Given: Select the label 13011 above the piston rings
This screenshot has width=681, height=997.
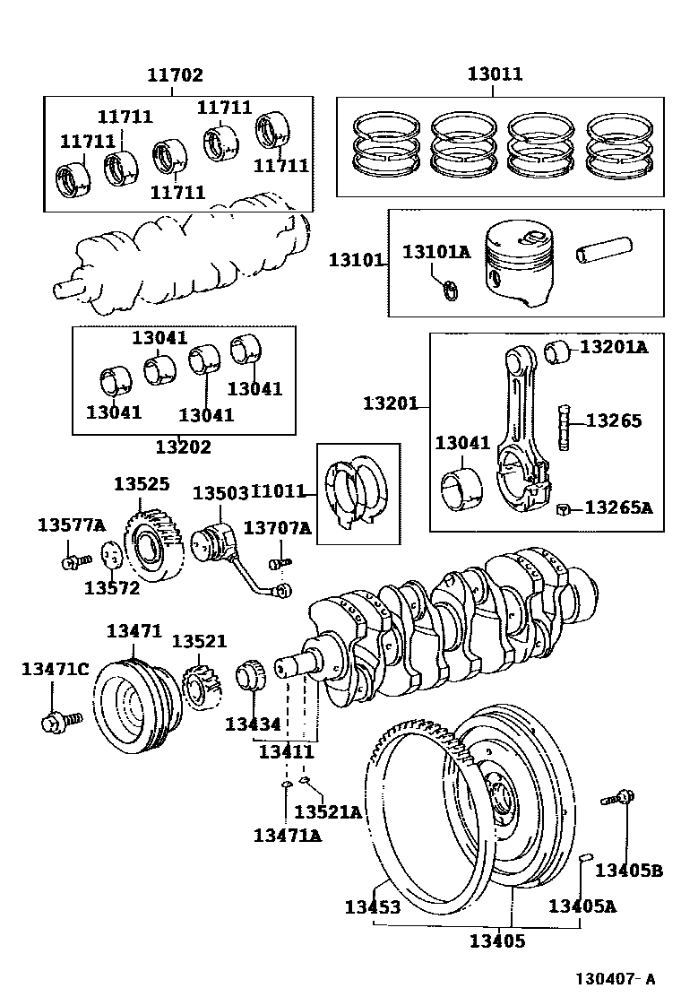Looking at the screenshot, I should [495, 74].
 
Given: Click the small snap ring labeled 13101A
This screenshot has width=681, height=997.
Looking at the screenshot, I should [451, 289].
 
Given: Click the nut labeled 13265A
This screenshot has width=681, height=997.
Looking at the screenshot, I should [562, 510].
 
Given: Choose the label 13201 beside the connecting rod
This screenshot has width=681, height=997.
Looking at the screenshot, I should [390, 403].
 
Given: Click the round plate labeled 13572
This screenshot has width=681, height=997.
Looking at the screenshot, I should [111, 556].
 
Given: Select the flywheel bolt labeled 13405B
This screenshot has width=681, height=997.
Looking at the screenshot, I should [620, 796].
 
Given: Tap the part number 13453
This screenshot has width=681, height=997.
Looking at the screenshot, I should [372, 907].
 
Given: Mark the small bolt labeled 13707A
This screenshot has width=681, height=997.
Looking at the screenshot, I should [277, 563].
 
